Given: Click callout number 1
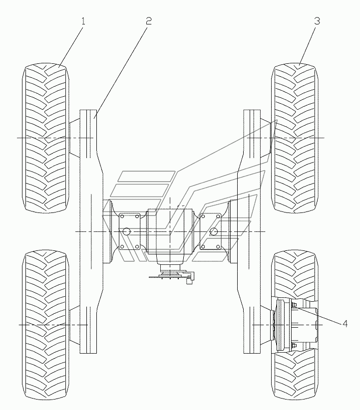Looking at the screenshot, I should point(83,21).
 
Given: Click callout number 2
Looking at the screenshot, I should point(148,21).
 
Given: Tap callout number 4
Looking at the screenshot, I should point(345,323).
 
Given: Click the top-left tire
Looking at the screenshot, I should point(46,138).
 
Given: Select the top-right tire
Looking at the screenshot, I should point(295,138).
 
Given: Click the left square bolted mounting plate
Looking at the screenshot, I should point(129,231).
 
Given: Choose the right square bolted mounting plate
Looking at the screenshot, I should point(211,231).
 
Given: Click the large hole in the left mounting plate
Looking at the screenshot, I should point(127,231).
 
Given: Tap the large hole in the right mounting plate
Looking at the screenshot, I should point(214,231).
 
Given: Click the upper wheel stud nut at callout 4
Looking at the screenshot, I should point(294,305).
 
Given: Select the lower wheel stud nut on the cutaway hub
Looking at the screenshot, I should point(294,345).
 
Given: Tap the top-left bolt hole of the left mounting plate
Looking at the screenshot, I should point(121,216).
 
